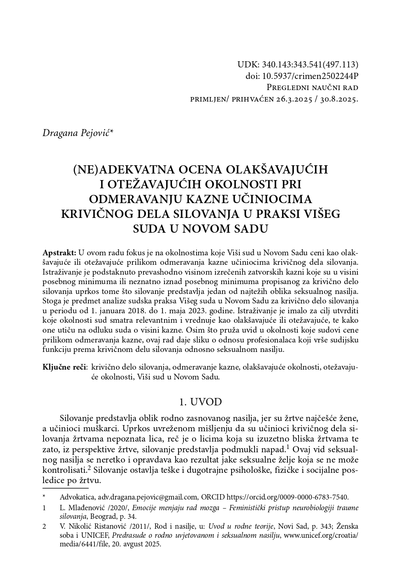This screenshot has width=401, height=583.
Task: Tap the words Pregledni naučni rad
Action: point(312,88)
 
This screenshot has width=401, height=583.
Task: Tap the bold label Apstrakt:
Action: point(60,252)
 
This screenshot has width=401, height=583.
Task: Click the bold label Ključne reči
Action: point(64,367)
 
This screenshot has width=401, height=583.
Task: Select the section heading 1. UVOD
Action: point(201,402)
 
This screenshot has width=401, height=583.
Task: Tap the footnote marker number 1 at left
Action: point(44,508)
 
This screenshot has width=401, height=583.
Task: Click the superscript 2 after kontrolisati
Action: point(89,468)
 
